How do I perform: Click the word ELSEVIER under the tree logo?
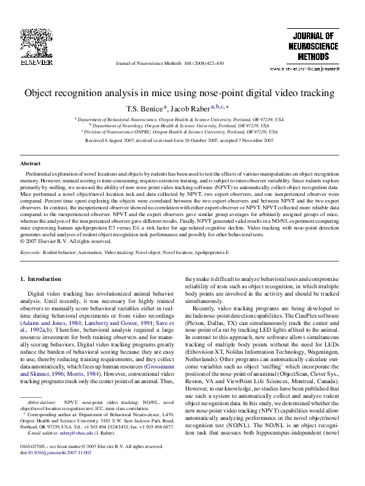click(x=32, y=62)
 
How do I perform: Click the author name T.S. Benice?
click(x=144, y=109)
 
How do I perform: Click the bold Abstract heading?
click(x=31, y=164)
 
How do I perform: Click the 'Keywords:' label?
click(x=30, y=252)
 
